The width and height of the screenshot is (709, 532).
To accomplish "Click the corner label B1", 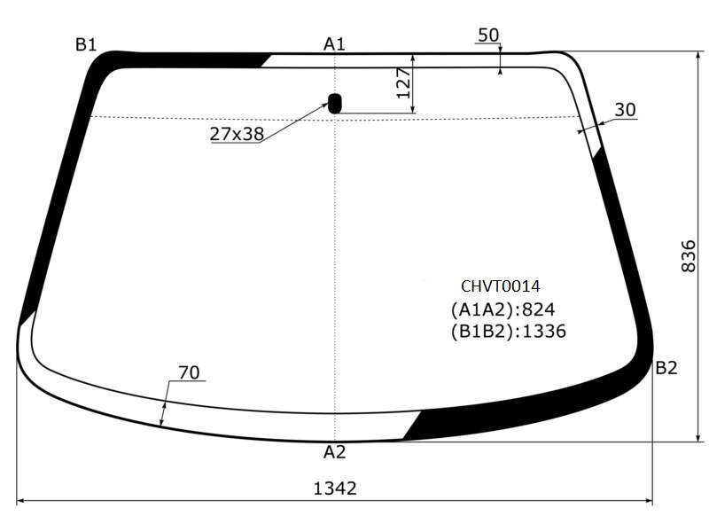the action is tap(86, 45).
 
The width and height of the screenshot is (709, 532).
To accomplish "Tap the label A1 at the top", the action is tap(334, 43).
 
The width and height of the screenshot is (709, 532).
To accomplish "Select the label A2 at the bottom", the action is tap(335, 451).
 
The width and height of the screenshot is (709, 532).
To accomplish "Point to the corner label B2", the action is tap(666, 368).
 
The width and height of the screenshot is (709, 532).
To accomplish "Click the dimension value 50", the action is tap(488, 35).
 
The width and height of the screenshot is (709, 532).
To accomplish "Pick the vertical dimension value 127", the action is tap(403, 83).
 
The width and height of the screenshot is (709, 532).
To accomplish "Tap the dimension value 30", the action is tap(626, 109).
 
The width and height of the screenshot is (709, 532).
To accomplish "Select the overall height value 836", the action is tap(689, 256).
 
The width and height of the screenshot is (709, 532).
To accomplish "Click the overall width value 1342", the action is tap(335, 489).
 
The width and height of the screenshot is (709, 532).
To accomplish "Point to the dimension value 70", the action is tap(189, 372).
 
